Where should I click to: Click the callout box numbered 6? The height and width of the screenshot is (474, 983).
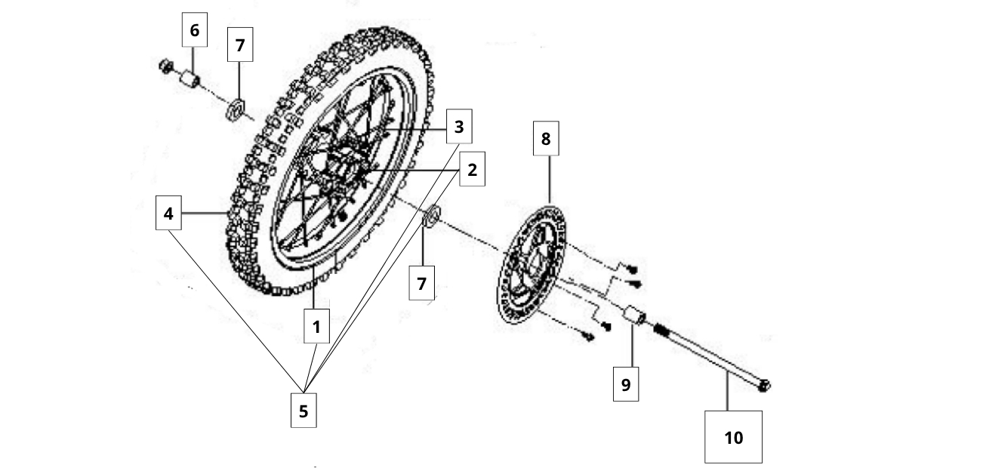click(195, 30)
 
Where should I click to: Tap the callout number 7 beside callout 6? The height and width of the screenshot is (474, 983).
click(239, 45)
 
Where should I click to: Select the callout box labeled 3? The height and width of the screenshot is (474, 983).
click(458, 128)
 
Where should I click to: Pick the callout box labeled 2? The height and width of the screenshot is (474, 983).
click(472, 170)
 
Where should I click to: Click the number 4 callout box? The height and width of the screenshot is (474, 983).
click(168, 214)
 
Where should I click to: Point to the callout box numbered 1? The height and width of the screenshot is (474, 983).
click(316, 327)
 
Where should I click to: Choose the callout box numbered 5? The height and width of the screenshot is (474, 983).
click(304, 411)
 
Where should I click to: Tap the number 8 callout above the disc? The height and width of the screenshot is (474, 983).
click(546, 139)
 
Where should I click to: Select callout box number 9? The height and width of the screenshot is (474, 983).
click(625, 384)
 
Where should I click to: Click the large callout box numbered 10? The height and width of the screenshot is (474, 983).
click(733, 436)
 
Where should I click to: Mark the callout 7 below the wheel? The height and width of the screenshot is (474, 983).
click(421, 284)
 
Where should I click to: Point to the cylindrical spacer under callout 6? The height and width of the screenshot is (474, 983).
click(190, 78)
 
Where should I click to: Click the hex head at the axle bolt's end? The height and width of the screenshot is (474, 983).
click(764, 386)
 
